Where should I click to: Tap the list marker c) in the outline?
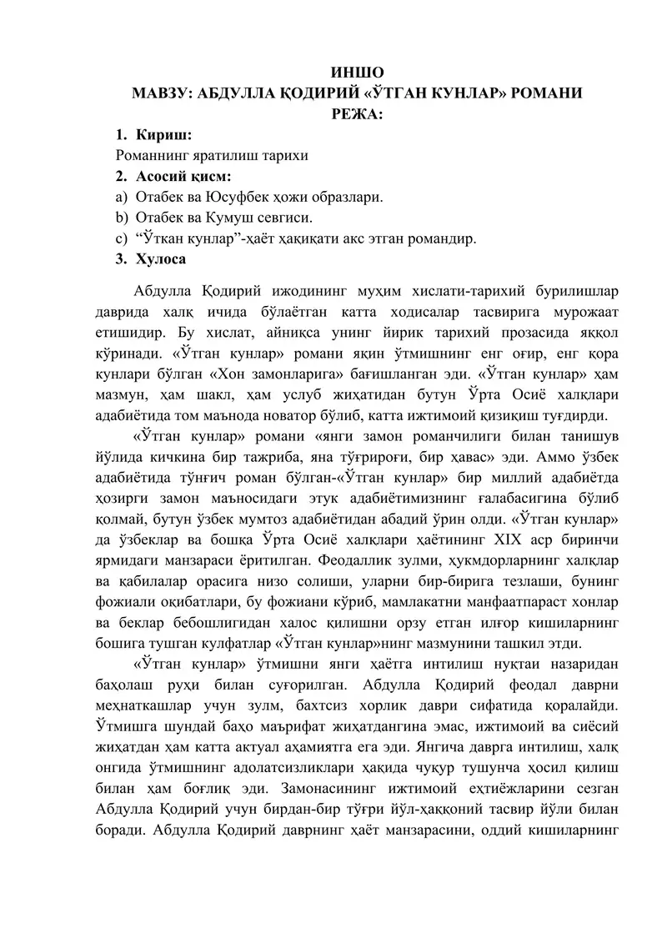(x=122, y=239)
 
